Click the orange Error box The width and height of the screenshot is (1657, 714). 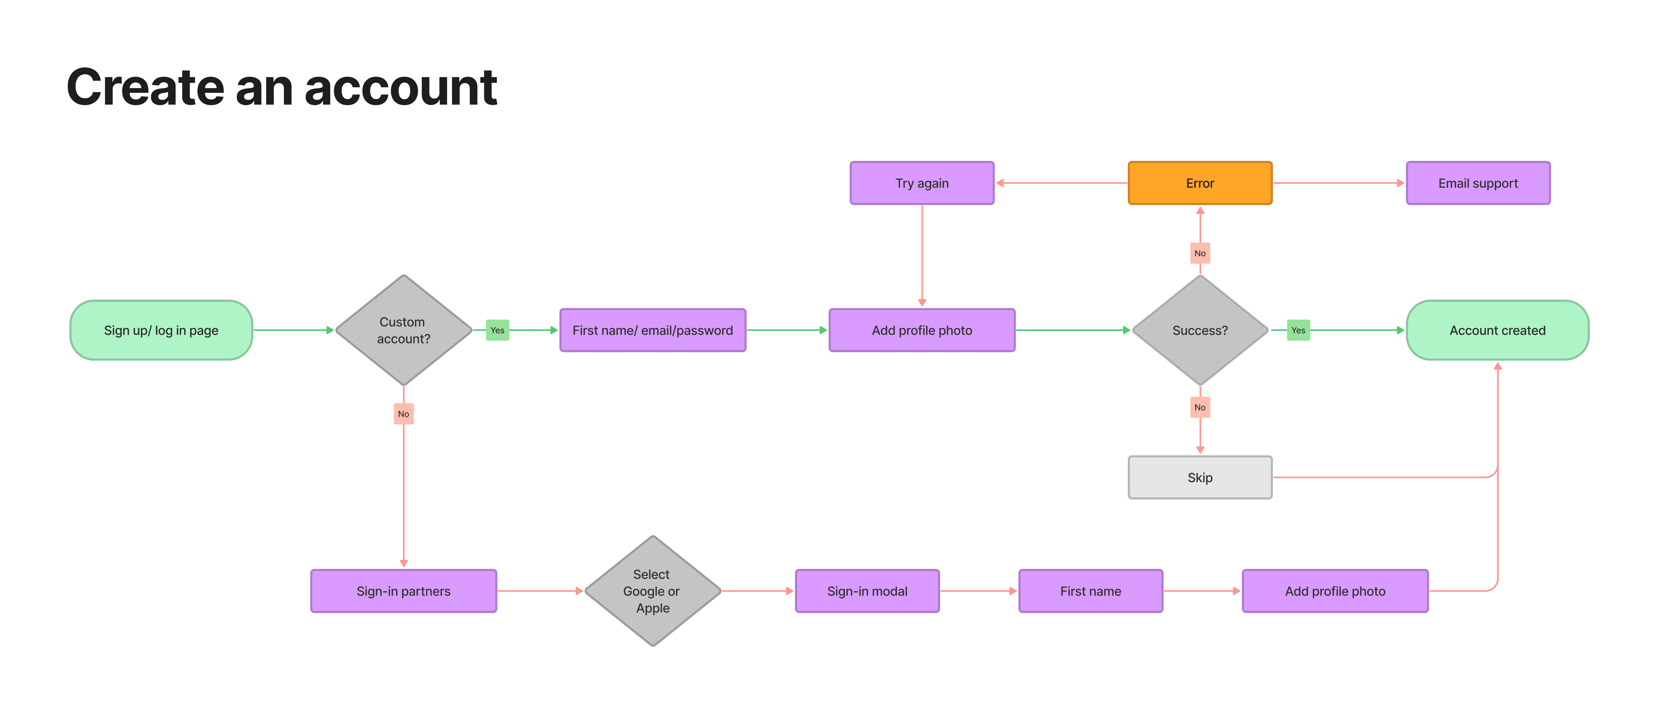click(x=1200, y=183)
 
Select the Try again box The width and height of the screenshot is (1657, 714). click(x=922, y=183)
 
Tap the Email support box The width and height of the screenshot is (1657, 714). click(x=1478, y=183)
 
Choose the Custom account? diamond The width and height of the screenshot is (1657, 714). click(x=403, y=330)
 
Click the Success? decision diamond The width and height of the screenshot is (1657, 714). click(x=1200, y=330)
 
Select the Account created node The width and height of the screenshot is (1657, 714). click(x=1497, y=330)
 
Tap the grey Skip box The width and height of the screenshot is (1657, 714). click(x=1200, y=477)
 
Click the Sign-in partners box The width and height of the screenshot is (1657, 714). click(x=403, y=590)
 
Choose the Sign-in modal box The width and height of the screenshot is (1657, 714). click(x=867, y=590)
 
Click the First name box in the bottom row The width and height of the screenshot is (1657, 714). click(x=1090, y=590)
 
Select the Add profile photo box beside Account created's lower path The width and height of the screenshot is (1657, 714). click(x=1335, y=590)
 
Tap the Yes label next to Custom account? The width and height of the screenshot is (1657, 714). click(x=497, y=330)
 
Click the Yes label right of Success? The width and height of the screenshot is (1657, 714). click(x=1298, y=330)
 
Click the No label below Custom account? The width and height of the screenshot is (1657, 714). click(x=403, y=414)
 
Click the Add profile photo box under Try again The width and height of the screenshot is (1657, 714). click(x=922, y=330)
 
